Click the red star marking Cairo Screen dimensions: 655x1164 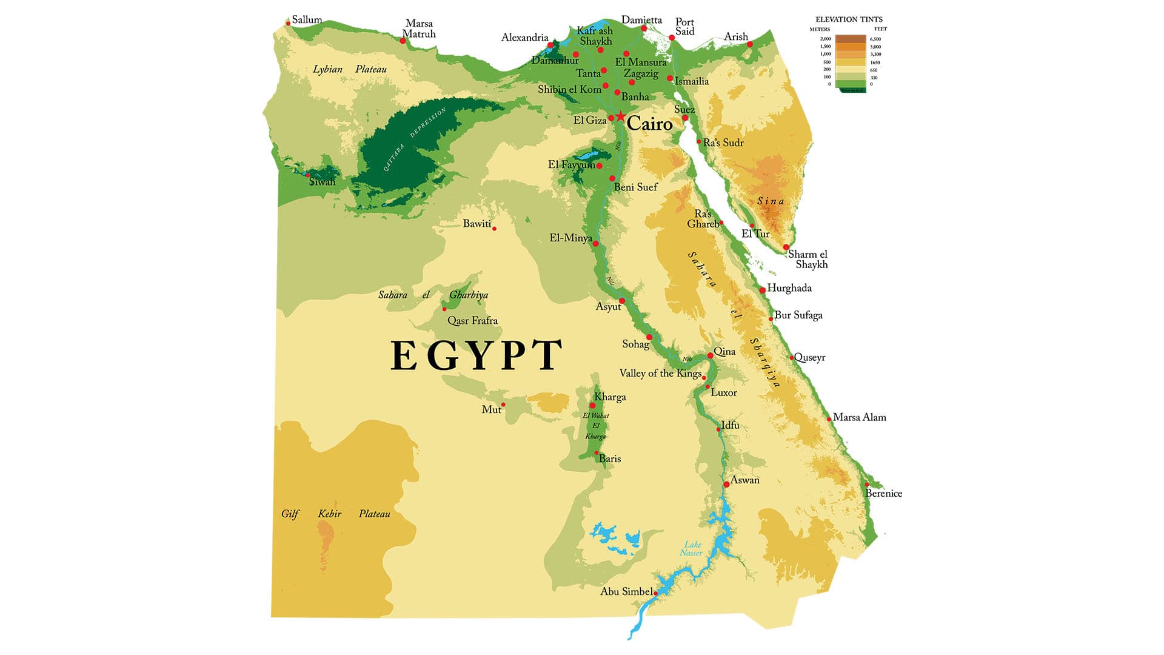[x=621, y=116]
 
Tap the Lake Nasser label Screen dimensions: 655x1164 [x=691, y=548]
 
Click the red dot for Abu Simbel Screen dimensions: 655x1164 [x=656, y=593]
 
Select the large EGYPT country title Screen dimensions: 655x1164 [x=476, y=355]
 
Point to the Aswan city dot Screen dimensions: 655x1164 [x=726, y=484]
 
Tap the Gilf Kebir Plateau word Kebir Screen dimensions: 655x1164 [x=329, y=514]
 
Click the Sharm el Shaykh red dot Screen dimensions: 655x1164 [x=786, y=247]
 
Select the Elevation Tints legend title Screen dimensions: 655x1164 [x=849, y=19]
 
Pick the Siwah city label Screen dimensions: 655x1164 [x=322, y=182]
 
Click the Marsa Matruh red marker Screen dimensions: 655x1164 [x=403, y=41]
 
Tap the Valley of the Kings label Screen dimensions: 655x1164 [x=660, y=373]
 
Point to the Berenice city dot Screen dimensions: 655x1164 [x=867, y=484]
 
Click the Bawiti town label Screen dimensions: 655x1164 [x=477, y=224]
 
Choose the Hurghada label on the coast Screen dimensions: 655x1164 [x=789, y=288]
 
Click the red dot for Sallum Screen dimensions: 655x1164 [x=288, y=24]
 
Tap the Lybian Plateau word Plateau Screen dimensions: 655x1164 [x=371, y=69]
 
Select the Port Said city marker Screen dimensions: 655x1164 [x=672, y=38]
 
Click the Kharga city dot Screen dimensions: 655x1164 [x=592, y=405]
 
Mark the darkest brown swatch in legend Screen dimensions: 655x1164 [x=851, y=38]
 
